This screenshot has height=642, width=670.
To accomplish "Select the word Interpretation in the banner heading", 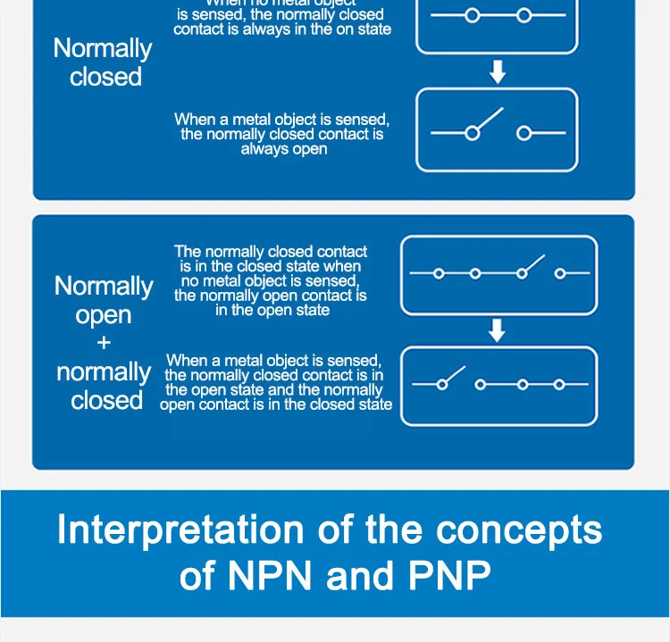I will point(167,530).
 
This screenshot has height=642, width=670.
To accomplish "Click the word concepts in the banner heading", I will point(519,530).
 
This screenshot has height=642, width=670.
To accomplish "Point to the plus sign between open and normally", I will point(104,343).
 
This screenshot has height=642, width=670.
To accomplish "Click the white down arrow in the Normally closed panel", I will point(498,72).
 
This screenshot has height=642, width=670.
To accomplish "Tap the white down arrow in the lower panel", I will point(498,332).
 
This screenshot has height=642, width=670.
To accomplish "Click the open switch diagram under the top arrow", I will point(497,130).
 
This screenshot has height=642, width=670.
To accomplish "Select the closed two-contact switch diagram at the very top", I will point(497,16).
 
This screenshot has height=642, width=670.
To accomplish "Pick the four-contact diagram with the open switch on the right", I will point(498,274).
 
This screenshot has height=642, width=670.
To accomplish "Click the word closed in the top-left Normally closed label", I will point(105,78).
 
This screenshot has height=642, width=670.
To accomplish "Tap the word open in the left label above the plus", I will point(104,315).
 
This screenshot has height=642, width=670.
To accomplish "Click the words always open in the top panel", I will point(284,149).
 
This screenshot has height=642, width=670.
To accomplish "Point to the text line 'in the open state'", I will point(272,311).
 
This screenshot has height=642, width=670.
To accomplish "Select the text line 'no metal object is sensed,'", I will point(270,280).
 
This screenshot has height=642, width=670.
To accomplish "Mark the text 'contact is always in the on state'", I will point(282,29).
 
